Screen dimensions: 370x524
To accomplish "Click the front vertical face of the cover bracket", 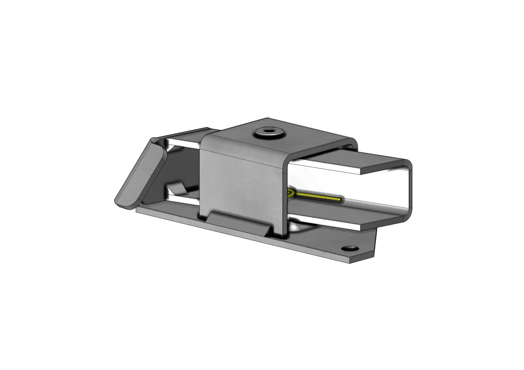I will coord(240,180).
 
